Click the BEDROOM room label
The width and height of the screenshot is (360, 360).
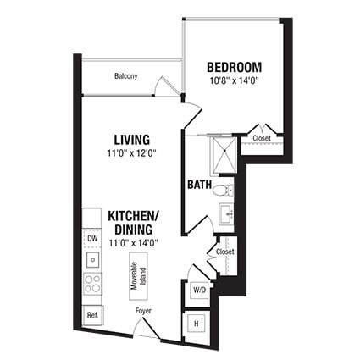(x=234, y=67)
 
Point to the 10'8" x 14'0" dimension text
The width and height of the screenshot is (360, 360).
(x=234, y=81)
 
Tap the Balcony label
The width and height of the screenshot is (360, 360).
(x=126, y=77)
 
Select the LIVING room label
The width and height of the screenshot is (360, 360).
(x=132, y=139)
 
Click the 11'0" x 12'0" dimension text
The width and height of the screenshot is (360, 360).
(x=133, y=153)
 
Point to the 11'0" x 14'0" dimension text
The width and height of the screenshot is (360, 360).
(x=134, y=242)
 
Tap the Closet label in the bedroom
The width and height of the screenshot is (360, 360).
(x=261, y=138)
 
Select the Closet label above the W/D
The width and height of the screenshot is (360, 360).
(x=224, y=252)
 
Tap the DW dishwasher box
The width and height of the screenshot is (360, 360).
(x=92, y=239)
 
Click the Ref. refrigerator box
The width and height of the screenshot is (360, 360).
(x=92, y=314)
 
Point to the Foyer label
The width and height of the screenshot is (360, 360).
(x=144, y=311)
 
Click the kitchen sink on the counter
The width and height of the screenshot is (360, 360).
(x=92, y=260)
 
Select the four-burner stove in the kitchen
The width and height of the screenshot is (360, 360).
(x=92, y=284)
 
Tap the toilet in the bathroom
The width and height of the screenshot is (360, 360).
(x=222, y=189)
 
